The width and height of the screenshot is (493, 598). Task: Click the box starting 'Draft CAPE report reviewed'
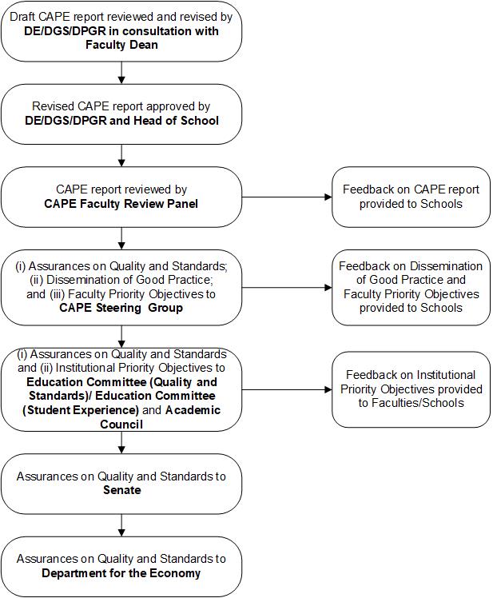pyautogui.click(x=121, y=31)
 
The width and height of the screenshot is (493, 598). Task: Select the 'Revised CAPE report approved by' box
pyautogui.click(x=121, y=114)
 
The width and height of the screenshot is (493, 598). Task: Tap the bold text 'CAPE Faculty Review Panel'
pyautogui.click(x=121, y=204)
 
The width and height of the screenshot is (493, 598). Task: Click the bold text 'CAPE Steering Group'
pyautogui.click(x=121, y=308)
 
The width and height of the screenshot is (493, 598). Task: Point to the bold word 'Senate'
pyautogui.click(x=121, y=489)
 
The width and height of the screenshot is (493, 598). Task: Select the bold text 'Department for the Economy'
pyautogui.click(x=121, y=572)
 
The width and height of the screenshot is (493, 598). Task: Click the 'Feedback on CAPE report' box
pyautogui.click(x=411, y=197)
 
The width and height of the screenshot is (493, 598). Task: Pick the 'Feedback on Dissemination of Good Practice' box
pyautogui.click(x=411, y=287)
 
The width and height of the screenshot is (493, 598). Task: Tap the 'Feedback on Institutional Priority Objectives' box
pyautogui.click(x=411, y=389)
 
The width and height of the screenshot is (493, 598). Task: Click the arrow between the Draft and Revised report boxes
pyautogui.click(x=121, y=73)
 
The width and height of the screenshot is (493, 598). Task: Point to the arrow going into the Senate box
pyautogui.click(x=121, y=443)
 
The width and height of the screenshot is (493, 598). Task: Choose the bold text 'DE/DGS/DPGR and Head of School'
pyautogui.click(x=121, y=121)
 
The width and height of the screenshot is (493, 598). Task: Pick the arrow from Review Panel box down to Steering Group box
pyautogui.click(x=121, y=237)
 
